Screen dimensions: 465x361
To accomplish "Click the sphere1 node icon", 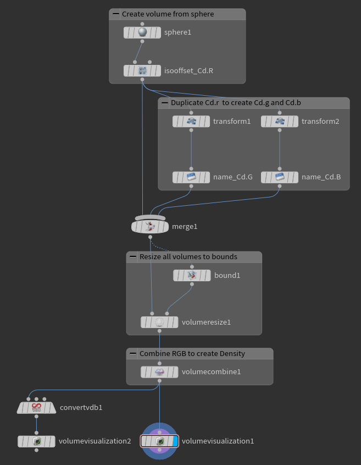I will (142, 32).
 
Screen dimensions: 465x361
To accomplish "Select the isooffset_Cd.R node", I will (142, 70).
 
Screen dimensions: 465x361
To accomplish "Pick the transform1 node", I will (191, 122).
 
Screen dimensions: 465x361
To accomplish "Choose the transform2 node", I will (280, 122).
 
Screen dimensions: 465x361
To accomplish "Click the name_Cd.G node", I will (191, 177).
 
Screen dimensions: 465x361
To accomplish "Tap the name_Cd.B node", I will (280, 177).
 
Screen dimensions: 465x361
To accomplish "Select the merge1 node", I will (150, 226).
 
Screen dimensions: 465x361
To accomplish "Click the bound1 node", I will (192, 275).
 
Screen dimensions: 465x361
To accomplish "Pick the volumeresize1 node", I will (159, 322).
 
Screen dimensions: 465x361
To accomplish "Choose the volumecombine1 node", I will (159, 372).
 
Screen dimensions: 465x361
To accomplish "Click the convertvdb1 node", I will (36, 408).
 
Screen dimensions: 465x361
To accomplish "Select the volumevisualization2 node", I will (36, 441).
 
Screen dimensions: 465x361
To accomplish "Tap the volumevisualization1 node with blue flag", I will (159, 441).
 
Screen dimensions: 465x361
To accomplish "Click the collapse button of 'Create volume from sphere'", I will (115, 14).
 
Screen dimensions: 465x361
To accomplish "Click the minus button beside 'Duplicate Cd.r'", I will (164, 103).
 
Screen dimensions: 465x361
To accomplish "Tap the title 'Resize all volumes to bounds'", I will (188, 257).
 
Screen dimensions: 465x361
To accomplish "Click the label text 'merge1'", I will (185, 227).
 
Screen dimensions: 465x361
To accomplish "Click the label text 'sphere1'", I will (177, 32).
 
